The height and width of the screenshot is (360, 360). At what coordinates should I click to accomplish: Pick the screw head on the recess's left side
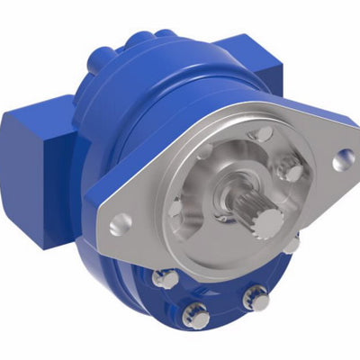point(175,209)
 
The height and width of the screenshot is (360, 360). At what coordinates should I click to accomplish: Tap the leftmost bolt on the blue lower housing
point(164,280)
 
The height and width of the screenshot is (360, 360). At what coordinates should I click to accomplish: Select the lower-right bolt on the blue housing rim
point(256,297)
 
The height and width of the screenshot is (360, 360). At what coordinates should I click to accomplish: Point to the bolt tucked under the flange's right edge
point(292,244)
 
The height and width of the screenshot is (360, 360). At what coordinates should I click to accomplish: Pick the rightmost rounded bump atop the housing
point(167,34)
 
